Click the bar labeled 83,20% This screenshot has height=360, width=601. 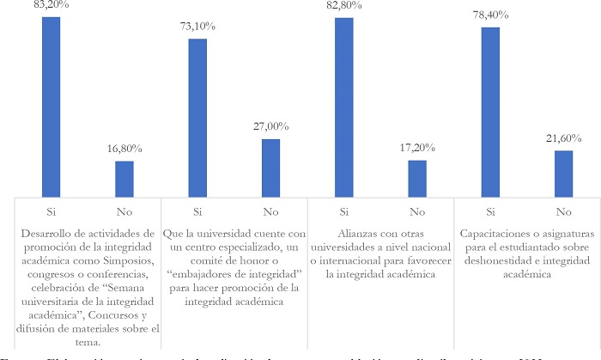point(52,107)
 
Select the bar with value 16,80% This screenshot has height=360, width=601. point(124,179)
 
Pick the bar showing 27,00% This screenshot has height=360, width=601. point(270,168)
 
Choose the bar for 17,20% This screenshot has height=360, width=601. point(417,179)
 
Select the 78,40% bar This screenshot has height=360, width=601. point(490,113)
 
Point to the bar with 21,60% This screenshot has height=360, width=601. point(563,174)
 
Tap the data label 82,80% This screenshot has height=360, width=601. point(344,6)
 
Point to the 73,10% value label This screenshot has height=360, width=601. point(197,27)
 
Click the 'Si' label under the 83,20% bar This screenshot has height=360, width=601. point(52,211)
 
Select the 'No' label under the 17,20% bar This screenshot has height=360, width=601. point(417,211)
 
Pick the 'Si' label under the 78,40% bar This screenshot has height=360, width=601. point(490,211)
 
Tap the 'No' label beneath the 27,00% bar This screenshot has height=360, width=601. point(270,211)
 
